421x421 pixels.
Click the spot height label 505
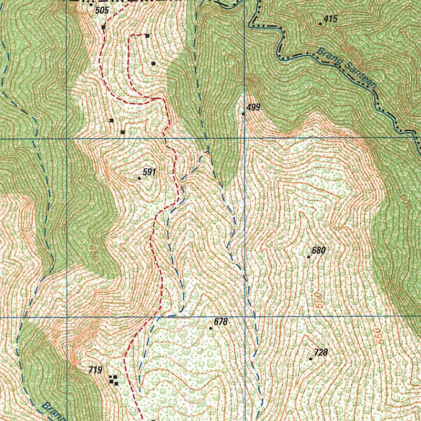pyautogui.click(x=102, y=11)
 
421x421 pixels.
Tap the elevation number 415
pyautogui.click(x=331, y=19)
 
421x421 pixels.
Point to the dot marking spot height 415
pyautogui.click(x=320, y=24)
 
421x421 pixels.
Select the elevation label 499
pyautogui.click(x=254, y=107)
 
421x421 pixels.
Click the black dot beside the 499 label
pyautogui.click(x=243, y=114)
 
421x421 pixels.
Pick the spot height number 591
pyautogui.click(x=149, y=172)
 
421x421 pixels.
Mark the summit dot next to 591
pyautogui.click(x=139, y=178)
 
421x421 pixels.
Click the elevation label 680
pyautogui.click(x=319, y=250)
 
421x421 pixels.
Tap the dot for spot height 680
pyautogui.click(x=309, y=257)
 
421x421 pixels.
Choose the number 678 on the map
pyautogui.click(x=221, y=322)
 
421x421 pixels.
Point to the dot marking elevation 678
pyautogui.click(x=211, y=328)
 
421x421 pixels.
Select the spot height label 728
pyautogui.click(x=321, y=352)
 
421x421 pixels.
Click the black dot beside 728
pyautogui.click(x=310, y=359)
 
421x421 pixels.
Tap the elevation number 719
pyautogui.click(x=95, y=370)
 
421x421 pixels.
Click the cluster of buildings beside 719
pyautogui.click(x=113, y=380)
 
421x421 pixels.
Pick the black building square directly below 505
pyautogui.click(x=104, y=27)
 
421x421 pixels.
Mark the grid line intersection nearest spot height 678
pyautogui.click(x=245, y=317)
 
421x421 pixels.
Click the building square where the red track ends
pyautogui.click(x=147, y=36)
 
